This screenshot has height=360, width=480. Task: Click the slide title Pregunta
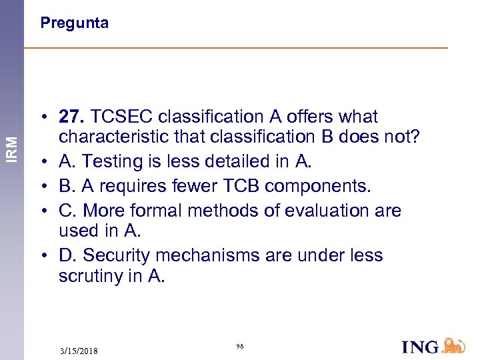click(x=74, y=23)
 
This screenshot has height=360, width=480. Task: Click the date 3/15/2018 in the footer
click(x=78, y=351)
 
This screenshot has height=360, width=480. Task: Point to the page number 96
click(x=240, y=346)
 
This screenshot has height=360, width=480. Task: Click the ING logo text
click(x=420, y=347)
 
